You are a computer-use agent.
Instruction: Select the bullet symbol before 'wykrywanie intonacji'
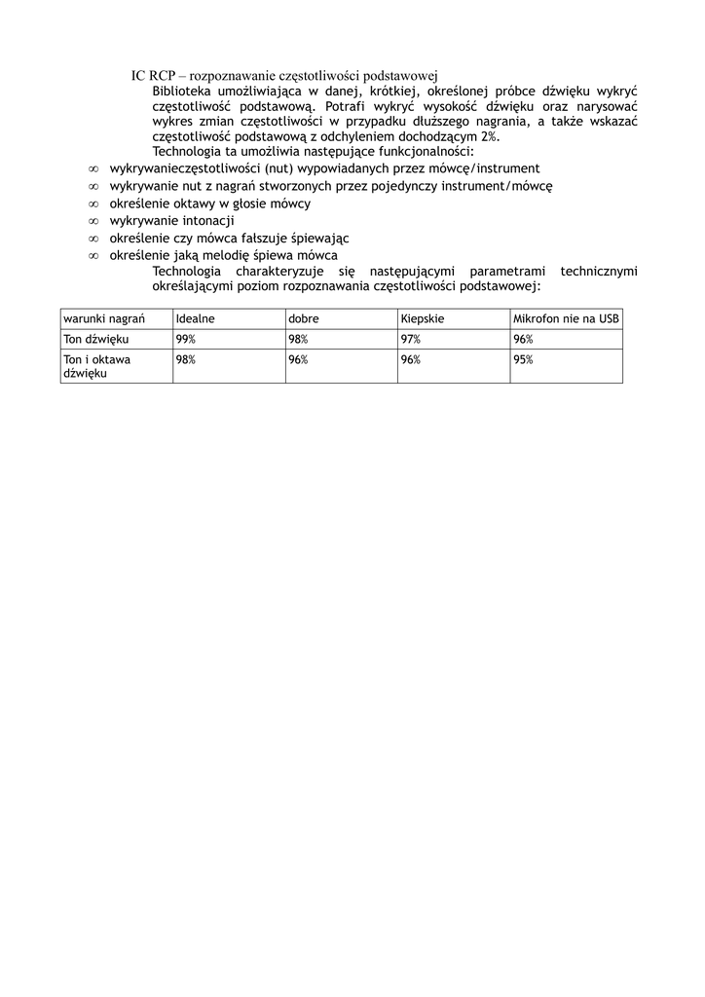click(x=93, y=221)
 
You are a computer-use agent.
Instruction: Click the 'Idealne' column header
click(x=195, y=319)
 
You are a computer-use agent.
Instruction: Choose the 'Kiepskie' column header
click(x=423, y=319)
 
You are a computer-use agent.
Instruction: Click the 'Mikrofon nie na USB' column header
click(x=566, y=319)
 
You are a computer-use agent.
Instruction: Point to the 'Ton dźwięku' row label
click(x=96, y=339)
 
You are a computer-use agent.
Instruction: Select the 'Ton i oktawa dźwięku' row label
click(x=97, y=366)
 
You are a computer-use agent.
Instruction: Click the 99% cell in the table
click(x=185, y=339)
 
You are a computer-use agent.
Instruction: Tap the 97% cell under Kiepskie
click(x=410, y=339)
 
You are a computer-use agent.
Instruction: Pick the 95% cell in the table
click(x=523, y=359)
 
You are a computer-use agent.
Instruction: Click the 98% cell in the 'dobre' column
click(x=298, y=339)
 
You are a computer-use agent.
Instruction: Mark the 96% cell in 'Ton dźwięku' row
click(x=523, y=339)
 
